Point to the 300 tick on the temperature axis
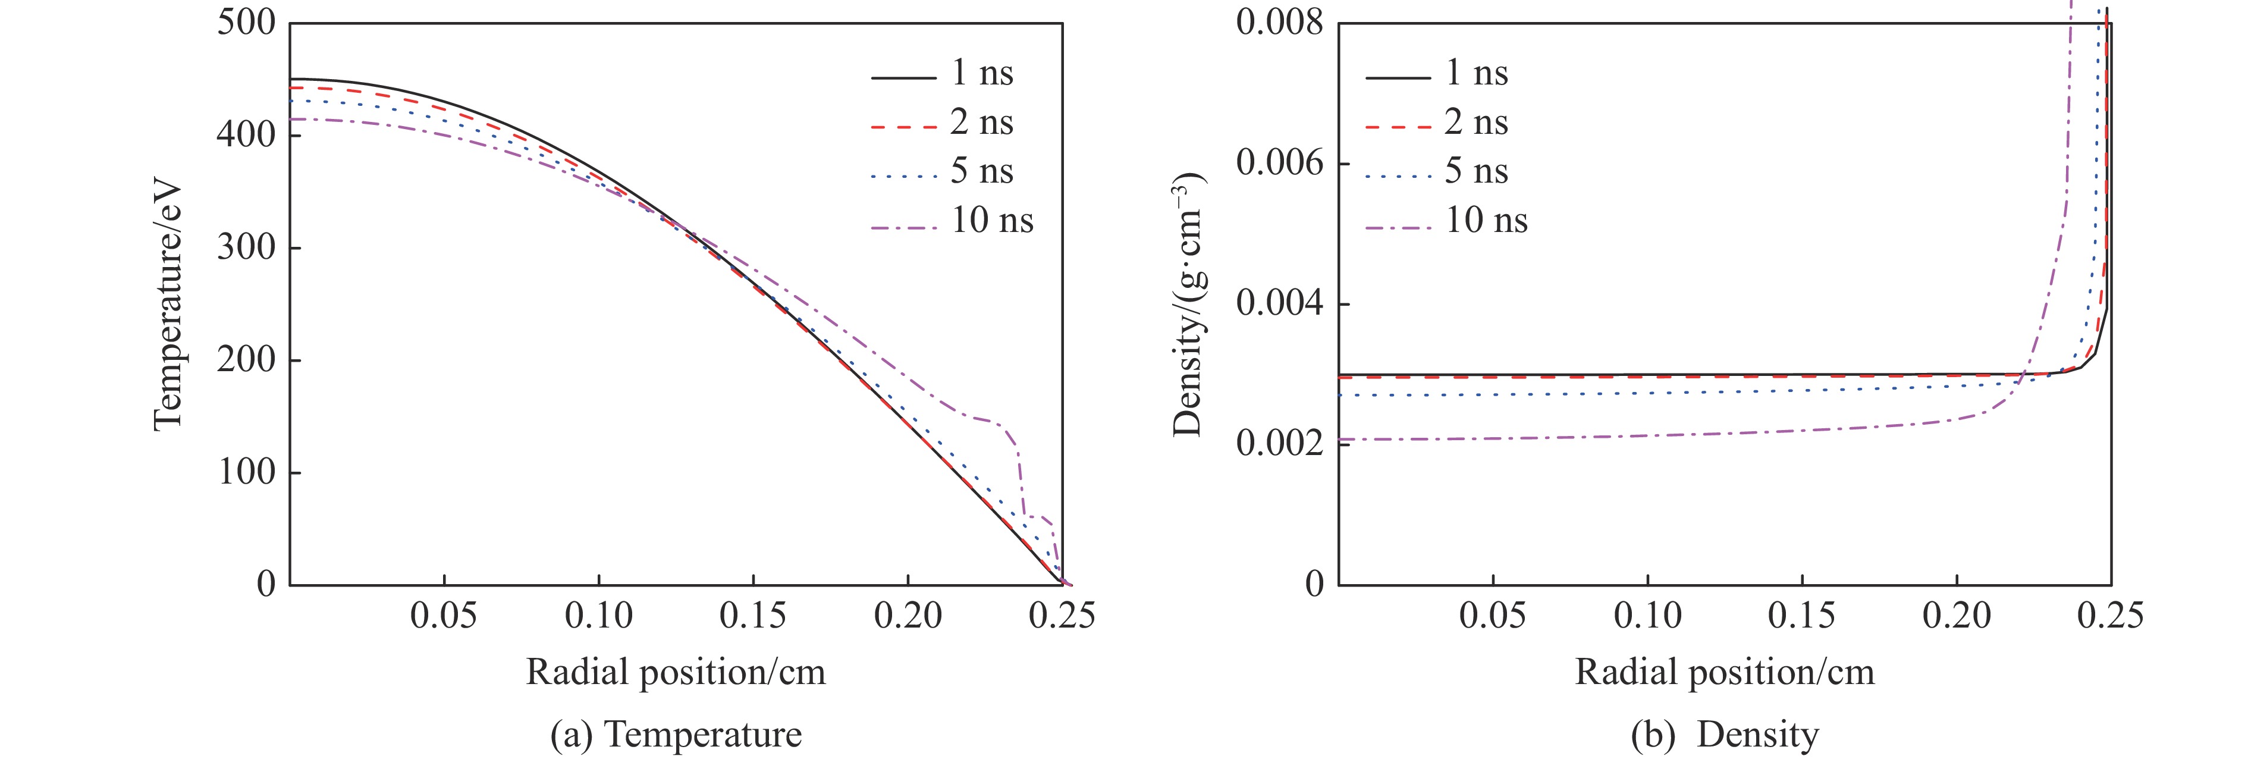(x=246, y=248)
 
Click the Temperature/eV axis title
(x=168, y=305)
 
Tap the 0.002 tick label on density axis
(x=1279, y=444)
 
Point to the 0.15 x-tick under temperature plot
(x=752, y=616)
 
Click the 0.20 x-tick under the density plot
(x=1957, y=616)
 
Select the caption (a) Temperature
(x=676, y=735)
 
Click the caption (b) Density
(x=1725, y=735)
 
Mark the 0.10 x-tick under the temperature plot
(x=599, y=616)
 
